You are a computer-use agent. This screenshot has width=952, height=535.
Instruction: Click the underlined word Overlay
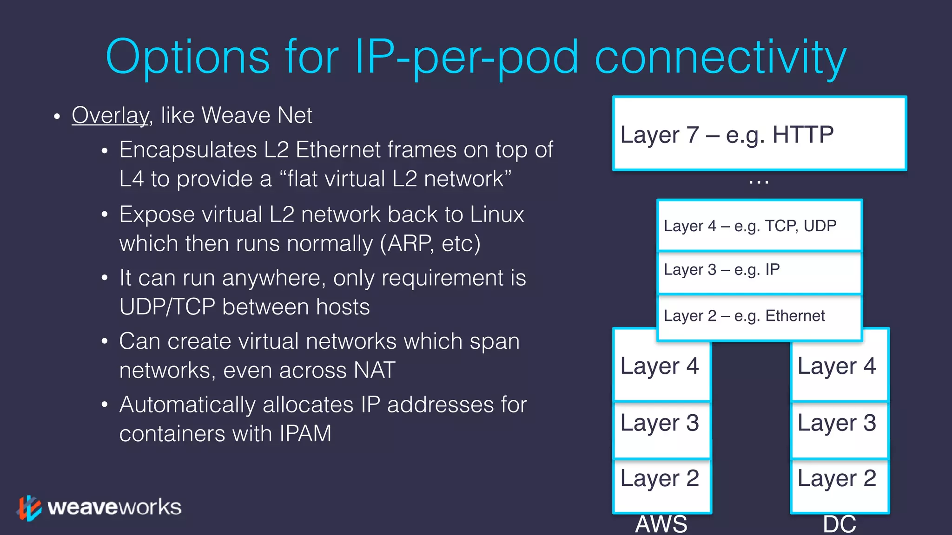tap(110, 115)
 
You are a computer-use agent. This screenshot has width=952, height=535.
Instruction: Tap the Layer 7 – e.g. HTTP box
tap(759, 134)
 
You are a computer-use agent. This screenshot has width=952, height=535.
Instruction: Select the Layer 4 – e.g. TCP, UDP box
tap(759, 226)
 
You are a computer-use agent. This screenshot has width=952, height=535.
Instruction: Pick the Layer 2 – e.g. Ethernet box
tap(759, 317)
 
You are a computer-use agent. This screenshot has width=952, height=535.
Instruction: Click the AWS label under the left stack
tap(661, 524)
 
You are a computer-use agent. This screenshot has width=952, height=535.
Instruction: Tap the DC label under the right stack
tap(839, 524)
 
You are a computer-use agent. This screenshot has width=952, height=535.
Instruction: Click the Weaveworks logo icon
tap(29, 508)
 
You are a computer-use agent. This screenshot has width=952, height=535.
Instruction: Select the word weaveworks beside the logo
tap(114, 507)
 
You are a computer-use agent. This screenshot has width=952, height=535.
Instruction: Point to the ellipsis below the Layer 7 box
tap(759, 183)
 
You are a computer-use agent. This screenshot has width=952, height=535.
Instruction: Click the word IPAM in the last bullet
tap(305, 434)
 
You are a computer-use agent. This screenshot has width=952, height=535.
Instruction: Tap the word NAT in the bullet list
tap(374, 371)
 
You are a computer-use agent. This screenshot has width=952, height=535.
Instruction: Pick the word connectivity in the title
tap(721, 58)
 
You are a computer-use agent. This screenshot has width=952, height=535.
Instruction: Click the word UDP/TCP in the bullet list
tap(167, 307)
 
